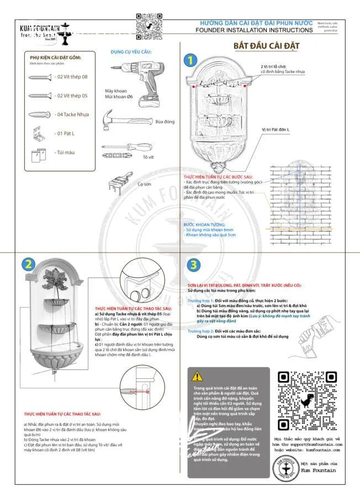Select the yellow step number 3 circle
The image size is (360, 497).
(x=193, y=264)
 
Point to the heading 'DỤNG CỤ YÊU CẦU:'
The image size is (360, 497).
(x=130, y=52)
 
